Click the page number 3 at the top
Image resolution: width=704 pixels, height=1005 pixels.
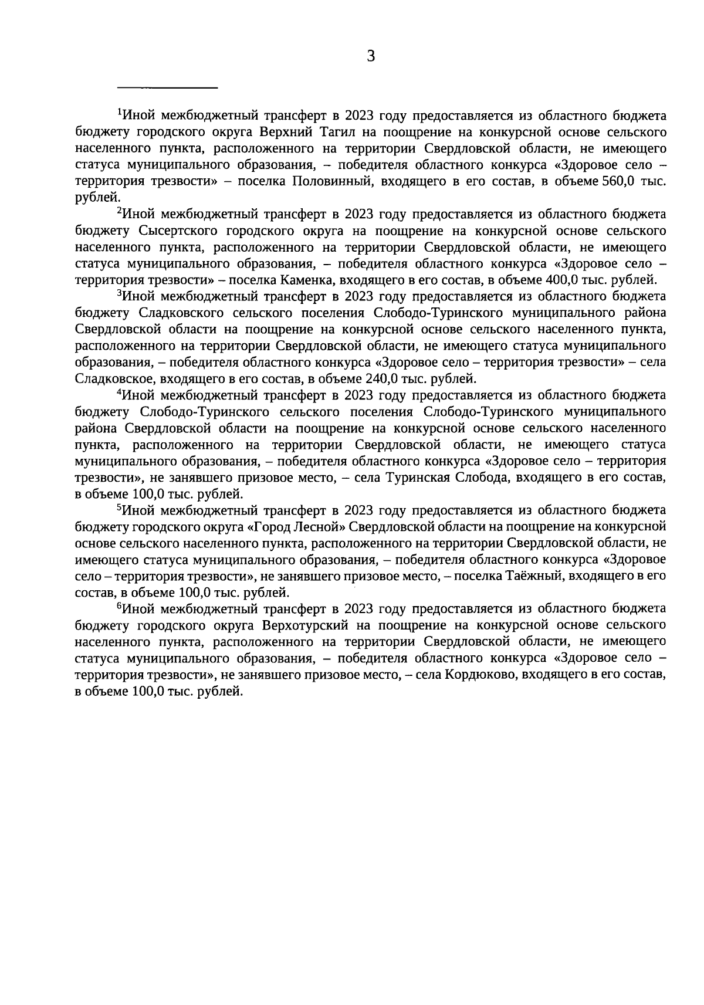coord(370,56)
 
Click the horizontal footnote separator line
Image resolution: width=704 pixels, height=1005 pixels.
coord(168,88)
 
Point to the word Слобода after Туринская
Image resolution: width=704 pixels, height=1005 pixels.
coord(485,478)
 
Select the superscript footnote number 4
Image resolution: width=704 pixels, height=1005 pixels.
coord(120,391)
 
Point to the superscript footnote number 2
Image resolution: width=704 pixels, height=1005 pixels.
coord(120,210)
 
